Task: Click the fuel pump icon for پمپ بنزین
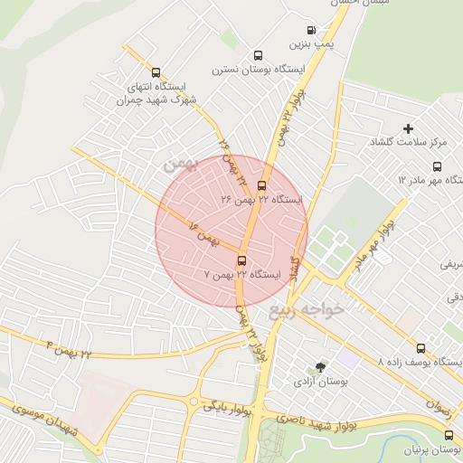313,30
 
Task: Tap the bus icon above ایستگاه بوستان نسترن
259,54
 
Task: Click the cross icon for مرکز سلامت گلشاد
408,129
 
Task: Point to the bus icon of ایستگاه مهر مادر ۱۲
438,166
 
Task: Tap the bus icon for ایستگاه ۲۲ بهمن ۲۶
262,185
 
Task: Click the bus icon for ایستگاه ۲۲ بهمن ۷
241,260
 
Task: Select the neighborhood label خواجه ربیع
307,310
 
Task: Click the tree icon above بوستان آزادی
319,367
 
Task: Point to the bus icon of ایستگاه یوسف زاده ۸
420,348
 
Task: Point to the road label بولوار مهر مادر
375,243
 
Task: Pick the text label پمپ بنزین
306,43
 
